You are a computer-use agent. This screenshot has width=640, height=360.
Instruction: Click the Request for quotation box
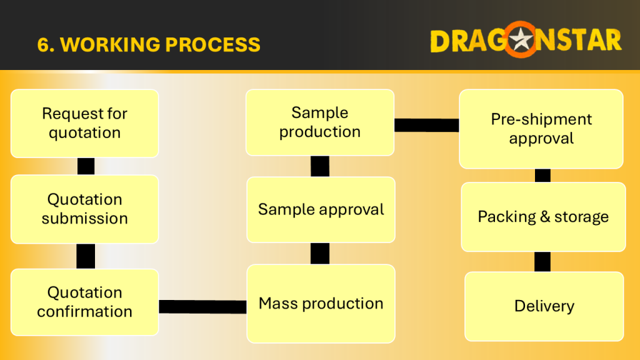[84, 123]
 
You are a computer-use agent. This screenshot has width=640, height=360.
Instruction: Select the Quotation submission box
[84, 209]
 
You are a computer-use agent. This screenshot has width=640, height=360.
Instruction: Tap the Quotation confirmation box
[84, 302]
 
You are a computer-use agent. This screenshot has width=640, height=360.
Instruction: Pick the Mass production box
[321, 304]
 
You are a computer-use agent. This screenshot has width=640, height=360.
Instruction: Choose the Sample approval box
[321, 210]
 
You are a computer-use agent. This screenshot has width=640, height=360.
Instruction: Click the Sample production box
[320, 122]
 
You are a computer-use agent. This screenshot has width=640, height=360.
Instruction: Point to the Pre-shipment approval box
[541, 129]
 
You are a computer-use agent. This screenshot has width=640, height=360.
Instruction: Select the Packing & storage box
[543, 217]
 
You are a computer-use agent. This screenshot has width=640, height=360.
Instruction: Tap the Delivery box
[544, 306]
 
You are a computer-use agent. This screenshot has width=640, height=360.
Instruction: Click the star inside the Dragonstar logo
[521, 40]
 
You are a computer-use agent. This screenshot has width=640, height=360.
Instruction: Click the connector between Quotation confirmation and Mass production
[203, 306]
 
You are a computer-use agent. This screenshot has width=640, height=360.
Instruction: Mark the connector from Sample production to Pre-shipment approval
[426, 125]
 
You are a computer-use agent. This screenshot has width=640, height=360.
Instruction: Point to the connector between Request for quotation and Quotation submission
[86, 166]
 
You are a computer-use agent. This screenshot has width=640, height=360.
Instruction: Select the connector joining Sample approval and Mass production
[320, 254]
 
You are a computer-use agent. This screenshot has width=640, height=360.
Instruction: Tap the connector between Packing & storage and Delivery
[542, 262]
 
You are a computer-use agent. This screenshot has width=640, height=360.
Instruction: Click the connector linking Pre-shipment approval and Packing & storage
[542, 176]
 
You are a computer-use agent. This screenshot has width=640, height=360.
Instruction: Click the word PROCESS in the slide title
[212, 44]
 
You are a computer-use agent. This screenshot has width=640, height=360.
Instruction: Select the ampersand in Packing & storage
[545, 216]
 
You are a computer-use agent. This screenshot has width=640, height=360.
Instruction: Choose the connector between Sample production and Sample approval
[320, 166]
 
